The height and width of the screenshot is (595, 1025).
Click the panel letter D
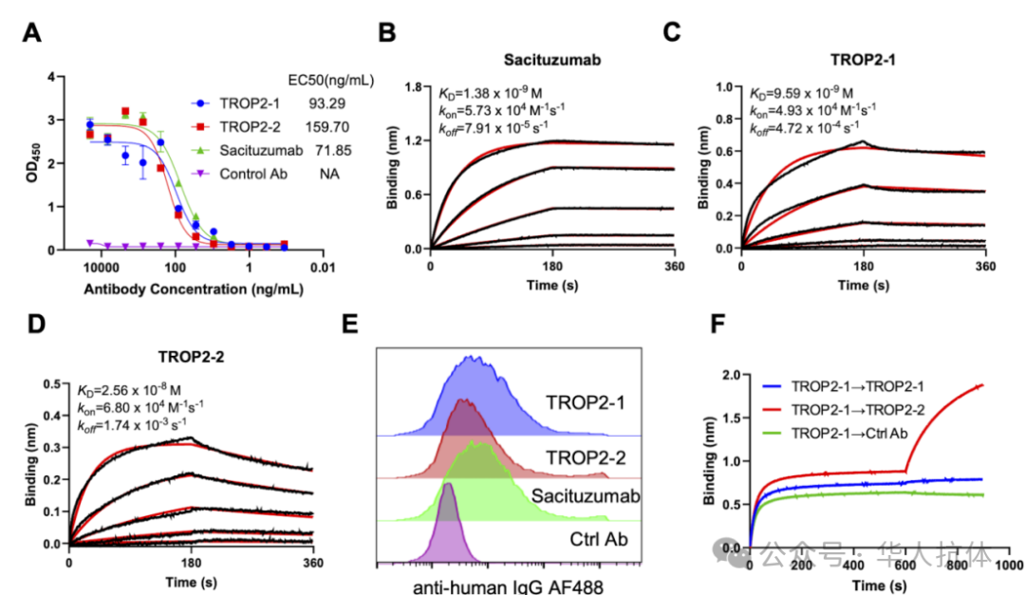(35, 325)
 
